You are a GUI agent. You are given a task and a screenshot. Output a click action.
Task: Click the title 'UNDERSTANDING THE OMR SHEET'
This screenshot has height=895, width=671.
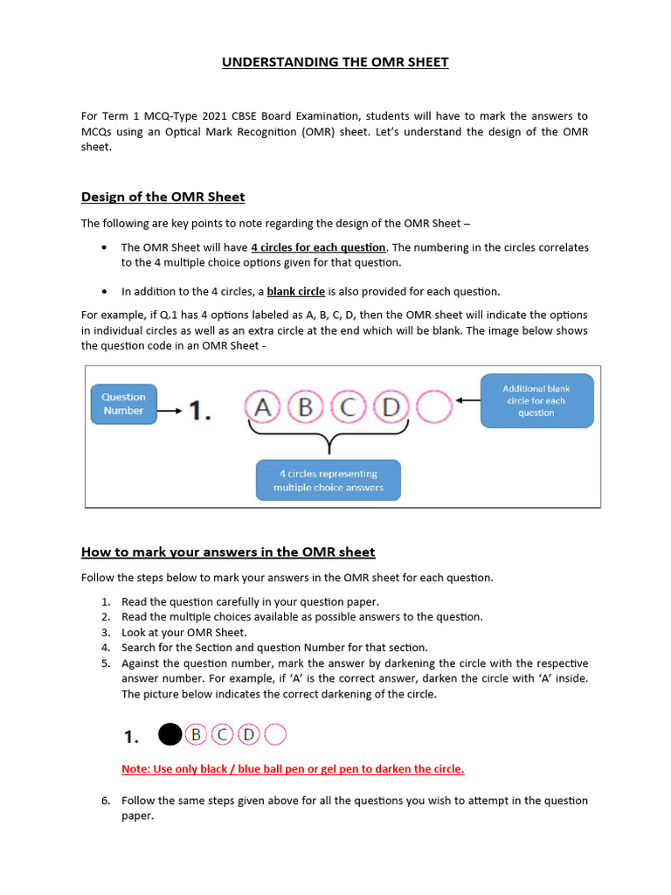tap(335, 62)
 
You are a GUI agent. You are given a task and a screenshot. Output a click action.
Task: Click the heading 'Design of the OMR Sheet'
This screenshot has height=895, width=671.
tap(163, 196)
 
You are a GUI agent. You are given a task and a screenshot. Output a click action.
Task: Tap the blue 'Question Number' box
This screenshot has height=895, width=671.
tap(123, 404)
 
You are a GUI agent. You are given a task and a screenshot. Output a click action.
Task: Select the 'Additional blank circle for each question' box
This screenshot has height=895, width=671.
tap(536, 400)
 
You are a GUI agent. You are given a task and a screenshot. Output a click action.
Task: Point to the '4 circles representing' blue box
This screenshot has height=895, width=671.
tap(328, 480)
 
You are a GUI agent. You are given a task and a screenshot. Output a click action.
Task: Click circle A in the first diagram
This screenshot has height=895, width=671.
tap(263, 407)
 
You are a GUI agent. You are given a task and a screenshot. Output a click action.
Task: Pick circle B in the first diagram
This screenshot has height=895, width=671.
tap(306, 407)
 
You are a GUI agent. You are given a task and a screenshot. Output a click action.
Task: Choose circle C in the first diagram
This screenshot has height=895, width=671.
tap(349, 407)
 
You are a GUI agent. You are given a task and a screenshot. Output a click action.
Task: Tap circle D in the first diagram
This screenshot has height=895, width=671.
tap(391, 407)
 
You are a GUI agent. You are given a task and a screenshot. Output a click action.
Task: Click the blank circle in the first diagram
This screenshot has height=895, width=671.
tap(434, 407)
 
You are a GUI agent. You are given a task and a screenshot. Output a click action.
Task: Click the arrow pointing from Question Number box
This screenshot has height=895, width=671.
tap(172, 409)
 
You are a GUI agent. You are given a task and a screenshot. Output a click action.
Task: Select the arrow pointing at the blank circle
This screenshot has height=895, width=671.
tap(467, 402)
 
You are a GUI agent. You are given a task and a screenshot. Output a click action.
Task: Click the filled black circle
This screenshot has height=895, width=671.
tap(169, 735)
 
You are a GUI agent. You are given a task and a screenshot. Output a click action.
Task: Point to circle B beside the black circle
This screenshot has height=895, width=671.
tap(196, 735)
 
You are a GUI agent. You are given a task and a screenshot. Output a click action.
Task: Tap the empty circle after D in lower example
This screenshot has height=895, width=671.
tap(275, 735)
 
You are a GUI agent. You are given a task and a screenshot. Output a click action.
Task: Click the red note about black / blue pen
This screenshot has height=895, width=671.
tap(293, 769)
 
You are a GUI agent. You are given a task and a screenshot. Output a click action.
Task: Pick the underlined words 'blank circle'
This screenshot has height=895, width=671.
tap(295, 291)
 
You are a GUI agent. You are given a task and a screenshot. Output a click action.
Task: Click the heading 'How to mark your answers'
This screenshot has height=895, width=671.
tap(228, 552)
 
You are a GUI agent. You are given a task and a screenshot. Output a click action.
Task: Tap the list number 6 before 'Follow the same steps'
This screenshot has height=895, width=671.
tap(105, 801)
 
